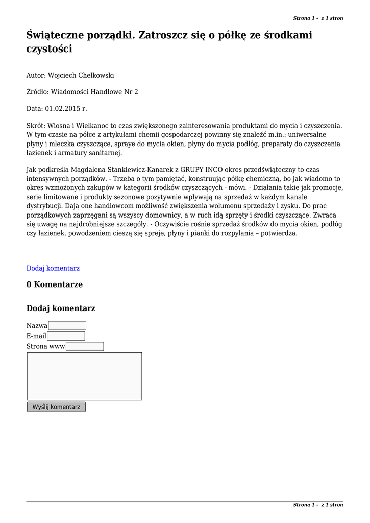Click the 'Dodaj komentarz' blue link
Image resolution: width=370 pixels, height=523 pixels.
[x=53, y=268]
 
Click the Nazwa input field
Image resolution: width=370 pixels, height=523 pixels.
[x=67, y=326]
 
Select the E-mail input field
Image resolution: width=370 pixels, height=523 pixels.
[x=66, y=336]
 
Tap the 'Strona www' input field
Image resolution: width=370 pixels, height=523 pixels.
[x=85, y=347]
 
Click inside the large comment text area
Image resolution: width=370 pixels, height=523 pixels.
[x=84, y=376]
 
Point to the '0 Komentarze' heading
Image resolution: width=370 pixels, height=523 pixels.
[x=55, y=284]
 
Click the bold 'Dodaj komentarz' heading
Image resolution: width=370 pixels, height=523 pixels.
[x=61, y=308]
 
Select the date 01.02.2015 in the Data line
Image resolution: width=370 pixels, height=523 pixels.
[x=63, y=109]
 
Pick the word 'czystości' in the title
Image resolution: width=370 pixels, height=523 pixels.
[x=50, y=49]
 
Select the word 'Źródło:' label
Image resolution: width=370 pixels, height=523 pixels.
[x=37, y=92]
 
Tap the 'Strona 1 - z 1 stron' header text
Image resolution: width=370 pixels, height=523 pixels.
[x=318, y=18]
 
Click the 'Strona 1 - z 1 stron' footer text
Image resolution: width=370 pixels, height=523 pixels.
[x=318, y=505]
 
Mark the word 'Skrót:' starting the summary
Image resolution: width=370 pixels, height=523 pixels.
[x=36, y=126]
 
